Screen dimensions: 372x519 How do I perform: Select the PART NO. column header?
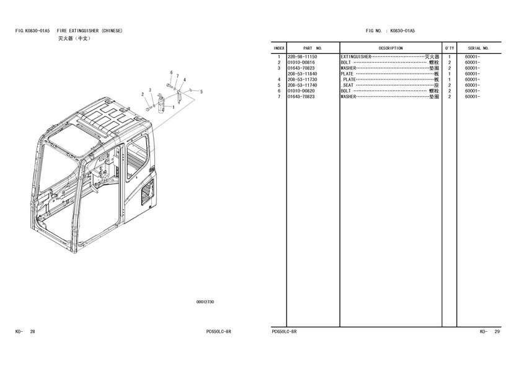click(313, 48)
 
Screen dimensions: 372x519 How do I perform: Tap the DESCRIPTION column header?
click(391, 48)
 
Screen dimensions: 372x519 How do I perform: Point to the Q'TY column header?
click(450, 48)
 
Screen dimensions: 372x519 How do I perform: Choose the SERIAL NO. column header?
click(478, 48)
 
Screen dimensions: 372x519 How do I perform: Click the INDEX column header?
click(279, 48)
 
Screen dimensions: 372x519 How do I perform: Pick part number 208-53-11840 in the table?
click(303, 74)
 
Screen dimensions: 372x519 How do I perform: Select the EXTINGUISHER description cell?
click(390, 57)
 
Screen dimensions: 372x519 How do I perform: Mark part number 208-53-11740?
click(303, 86)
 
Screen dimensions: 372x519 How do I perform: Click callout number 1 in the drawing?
click(174, 107)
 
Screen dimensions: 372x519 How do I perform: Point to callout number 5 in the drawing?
click(201, 92)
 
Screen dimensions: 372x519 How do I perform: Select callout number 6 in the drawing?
click(171, 73)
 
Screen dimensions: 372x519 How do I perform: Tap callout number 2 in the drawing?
click(143, 94)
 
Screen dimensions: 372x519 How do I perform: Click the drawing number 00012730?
click(205, 302)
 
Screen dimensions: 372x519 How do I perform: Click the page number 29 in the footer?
click(496, 332)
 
